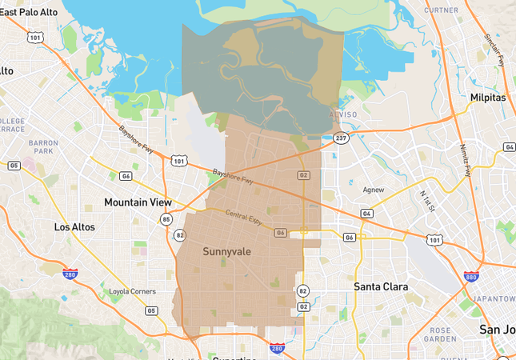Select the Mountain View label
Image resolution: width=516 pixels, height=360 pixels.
(x=138, y=202)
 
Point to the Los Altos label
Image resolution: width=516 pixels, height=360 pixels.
(x=74, y=227)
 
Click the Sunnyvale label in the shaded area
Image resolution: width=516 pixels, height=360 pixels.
(x=226, y=252)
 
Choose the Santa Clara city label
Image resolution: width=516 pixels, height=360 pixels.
(x=381, y=286)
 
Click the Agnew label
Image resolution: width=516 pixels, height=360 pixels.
(x=373, y=190)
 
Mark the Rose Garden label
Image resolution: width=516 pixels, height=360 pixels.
(x=441, y=333)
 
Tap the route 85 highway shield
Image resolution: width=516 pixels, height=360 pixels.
(x=166, y=219)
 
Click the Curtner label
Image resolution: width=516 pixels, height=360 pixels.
(x=441, y=10)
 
